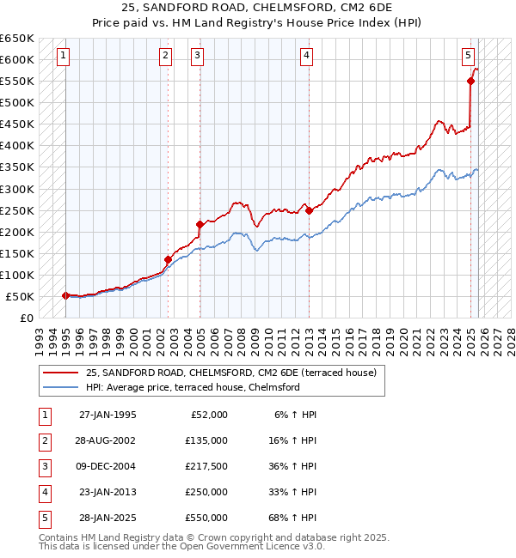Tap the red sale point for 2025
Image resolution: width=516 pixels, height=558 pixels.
(470, 82)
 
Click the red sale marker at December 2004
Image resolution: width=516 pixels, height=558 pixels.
(200, 225)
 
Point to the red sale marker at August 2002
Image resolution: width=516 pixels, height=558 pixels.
(168, 259)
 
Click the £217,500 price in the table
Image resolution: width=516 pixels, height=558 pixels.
(206, 466)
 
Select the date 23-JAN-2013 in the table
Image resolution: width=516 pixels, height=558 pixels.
(107, 492)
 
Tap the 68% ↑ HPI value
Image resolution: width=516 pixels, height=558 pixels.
(296, 518)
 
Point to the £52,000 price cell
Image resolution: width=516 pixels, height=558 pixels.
(206, 415)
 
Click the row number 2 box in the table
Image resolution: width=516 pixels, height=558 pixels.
(43, 440)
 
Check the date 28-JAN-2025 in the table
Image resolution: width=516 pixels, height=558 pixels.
(107, 518)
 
